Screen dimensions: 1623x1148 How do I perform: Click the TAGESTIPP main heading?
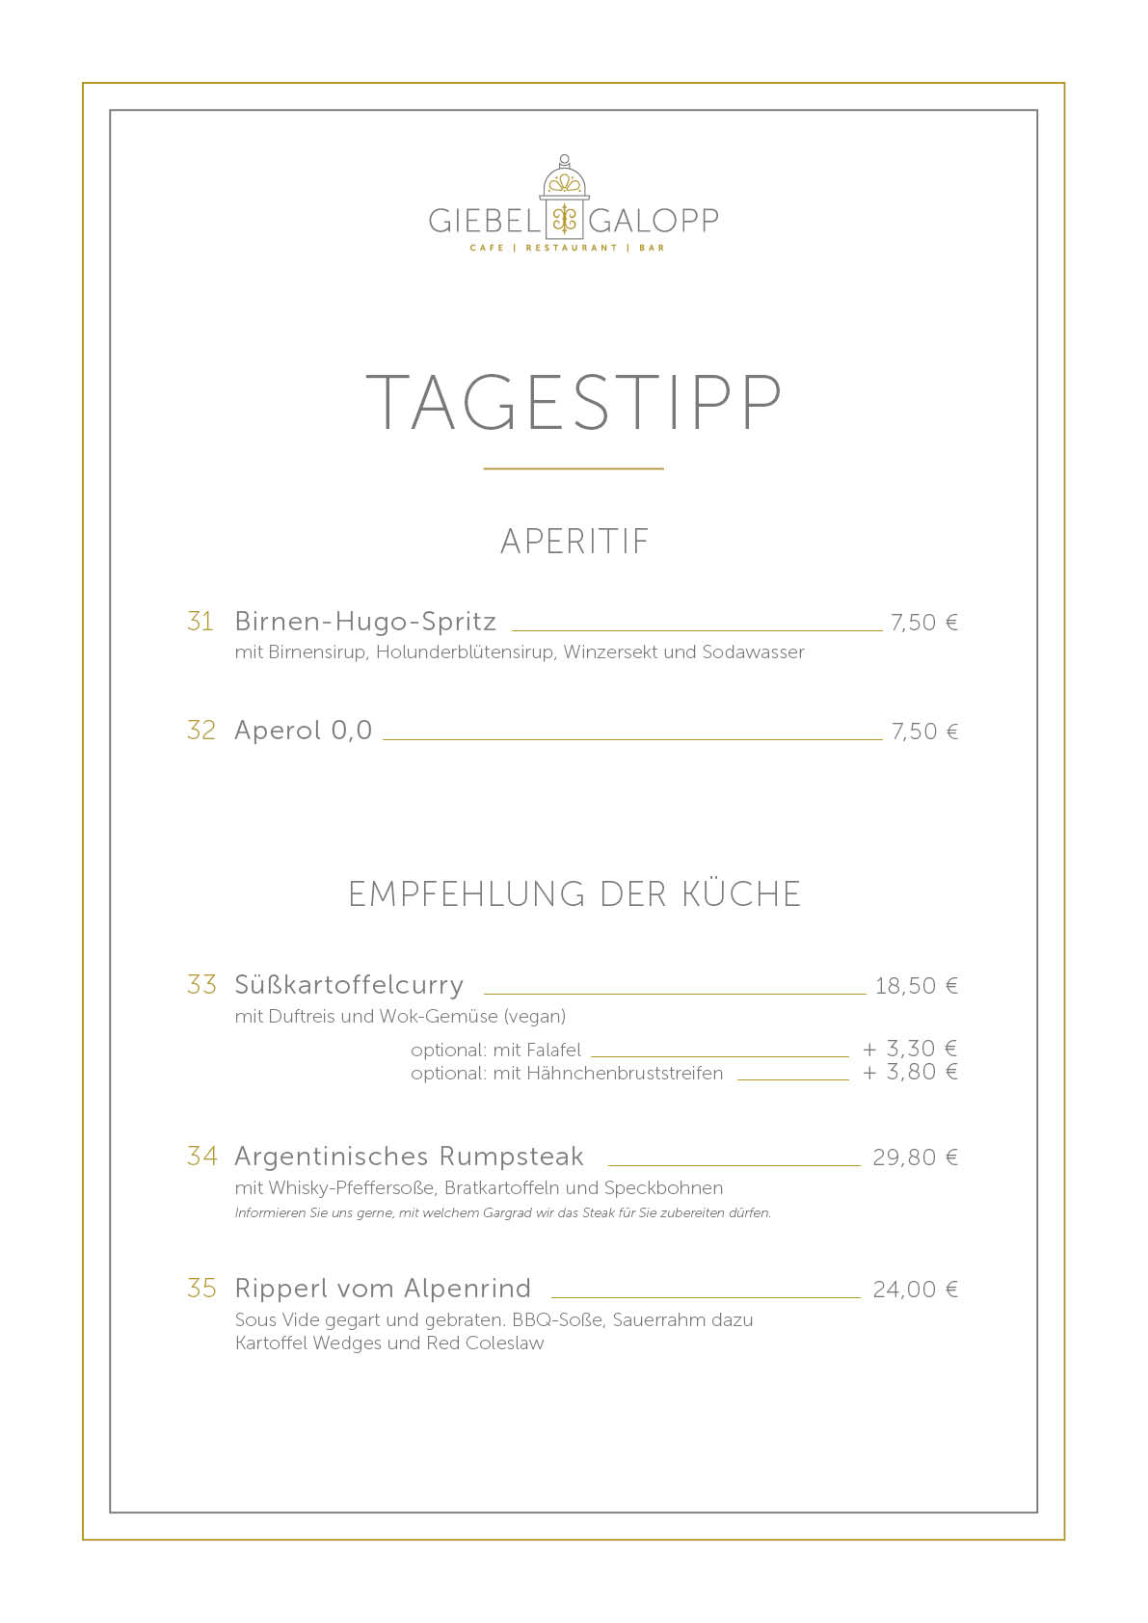pyautogui.click(x=574, y=402)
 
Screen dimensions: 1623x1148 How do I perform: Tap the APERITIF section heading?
pyautogui.click(x=574, y=542)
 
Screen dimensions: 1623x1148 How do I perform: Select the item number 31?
pyautogui.click(x=200, y=622)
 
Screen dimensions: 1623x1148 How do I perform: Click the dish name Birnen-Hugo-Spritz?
pyautogui.click(x=365, y=622)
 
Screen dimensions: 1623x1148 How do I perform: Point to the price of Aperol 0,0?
pyautogui.click(x=924, y=732)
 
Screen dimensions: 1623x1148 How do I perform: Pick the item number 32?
pyautogui.click(x=201, y=731)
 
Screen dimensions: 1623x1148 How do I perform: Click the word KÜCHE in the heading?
pyautogui.click(x=741, y=894)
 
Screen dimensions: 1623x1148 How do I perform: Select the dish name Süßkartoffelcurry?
pyautogui.click(x=349, y=985)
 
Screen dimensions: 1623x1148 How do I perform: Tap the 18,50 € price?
pyautogui.click(x=916, y=986)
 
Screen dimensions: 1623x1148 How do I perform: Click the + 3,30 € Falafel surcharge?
pyautogui.click(x=909, y=1049)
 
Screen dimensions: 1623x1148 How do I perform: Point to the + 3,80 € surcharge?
pyautogui.click(x=909, y=1073)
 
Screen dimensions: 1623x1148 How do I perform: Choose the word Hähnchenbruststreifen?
pyautogui.click(x=625, y=1074)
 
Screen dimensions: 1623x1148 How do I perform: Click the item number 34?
pyautogui.click(x=202, y=1157)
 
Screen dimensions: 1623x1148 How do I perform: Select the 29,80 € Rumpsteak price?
pyautogui.click(x=915, y=1157)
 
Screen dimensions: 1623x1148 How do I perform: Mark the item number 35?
pyautogui.click(x=202, y=1289)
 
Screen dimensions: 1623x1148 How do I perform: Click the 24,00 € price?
pyautogui.click(x=915, y=1290)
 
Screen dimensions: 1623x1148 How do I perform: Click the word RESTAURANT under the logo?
pyautogui.click(x=571, y=249)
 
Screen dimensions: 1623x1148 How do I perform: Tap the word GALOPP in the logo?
pyautogui.click(x=654, y=221)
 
